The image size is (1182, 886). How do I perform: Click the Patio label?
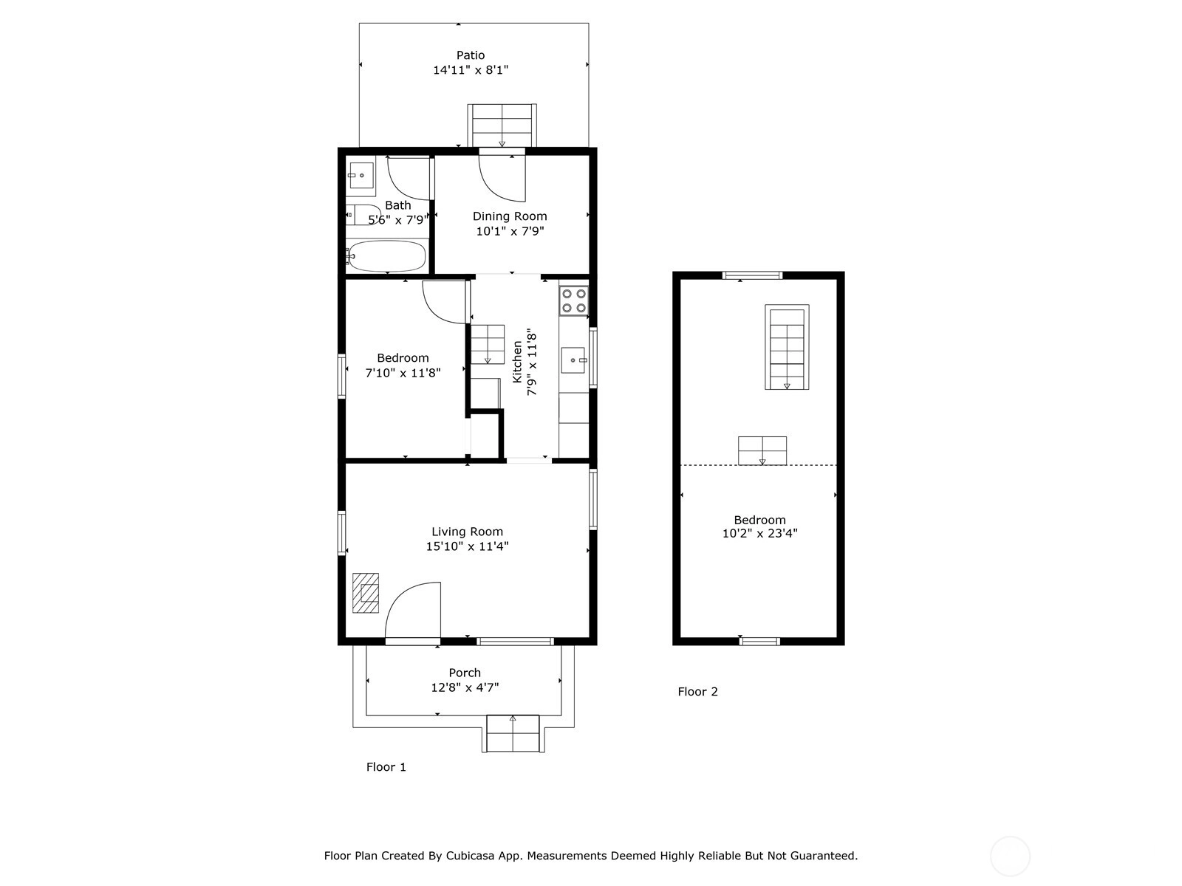pos(470,55)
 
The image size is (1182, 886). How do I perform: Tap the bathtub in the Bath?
pos(386,256)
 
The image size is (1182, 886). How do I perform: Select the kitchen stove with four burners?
pos(573,301)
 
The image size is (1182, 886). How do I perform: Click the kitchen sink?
pos(573,360)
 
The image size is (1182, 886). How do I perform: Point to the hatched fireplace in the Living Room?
pos(366,593)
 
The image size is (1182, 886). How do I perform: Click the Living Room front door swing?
pos(413,611)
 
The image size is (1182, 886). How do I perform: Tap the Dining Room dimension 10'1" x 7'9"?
pos(510,231)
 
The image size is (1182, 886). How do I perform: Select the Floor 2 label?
pos(697,692)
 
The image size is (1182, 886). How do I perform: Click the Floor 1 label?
pos(386,767)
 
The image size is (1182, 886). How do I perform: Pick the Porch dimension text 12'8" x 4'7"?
pos(465,687)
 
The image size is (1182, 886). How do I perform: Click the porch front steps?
pos(513,733)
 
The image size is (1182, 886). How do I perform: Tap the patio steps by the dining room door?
pos(502,126)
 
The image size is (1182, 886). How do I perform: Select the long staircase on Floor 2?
pos(787,347)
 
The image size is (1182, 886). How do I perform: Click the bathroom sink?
pos(361,176)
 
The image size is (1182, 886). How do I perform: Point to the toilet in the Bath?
pos(363,215)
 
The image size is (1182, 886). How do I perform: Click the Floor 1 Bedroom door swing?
pos(446,302)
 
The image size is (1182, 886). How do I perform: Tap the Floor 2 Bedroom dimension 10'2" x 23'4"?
pos(759,533)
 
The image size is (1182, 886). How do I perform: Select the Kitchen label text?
pos(517,362)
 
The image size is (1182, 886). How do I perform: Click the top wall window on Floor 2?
pos(752,275)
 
